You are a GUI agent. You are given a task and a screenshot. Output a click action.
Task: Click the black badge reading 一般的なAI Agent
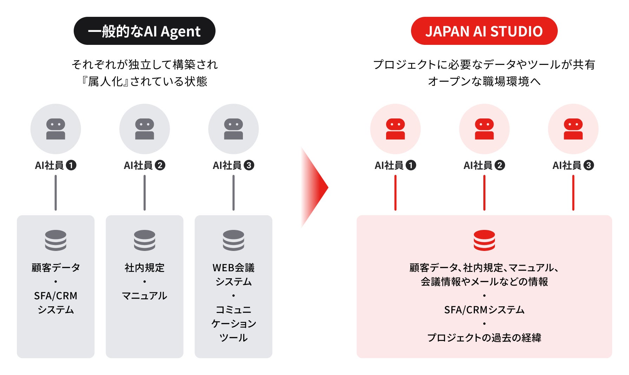144,31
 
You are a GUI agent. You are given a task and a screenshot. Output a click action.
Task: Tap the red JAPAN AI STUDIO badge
484,31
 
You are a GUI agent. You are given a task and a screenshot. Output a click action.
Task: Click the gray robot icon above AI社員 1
55,129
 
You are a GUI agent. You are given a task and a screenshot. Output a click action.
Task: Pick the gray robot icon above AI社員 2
145,129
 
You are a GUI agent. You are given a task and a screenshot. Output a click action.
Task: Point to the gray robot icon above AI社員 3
233,129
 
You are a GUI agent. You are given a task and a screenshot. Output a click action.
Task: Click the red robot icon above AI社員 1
395,129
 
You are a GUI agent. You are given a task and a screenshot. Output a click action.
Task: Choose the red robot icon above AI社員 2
484,129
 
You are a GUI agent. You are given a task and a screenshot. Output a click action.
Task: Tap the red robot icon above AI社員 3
573,129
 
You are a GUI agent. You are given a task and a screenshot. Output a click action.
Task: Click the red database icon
484,240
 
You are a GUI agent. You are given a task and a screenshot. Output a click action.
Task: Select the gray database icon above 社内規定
145,240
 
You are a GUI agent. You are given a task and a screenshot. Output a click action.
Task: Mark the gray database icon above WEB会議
233,240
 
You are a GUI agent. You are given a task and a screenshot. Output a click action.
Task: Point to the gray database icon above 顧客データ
55,240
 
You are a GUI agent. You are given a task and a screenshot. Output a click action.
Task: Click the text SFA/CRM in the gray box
55,296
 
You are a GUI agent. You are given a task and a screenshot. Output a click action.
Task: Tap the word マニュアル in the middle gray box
145,296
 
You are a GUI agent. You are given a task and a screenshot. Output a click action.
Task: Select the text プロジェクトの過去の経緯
484,337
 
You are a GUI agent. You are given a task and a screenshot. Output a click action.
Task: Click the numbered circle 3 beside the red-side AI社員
589,165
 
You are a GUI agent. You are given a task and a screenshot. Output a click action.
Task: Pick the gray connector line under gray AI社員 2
145,193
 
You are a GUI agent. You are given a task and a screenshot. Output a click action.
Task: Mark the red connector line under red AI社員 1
395,193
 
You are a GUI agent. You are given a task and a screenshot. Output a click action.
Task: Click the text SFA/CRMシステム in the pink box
484,310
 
